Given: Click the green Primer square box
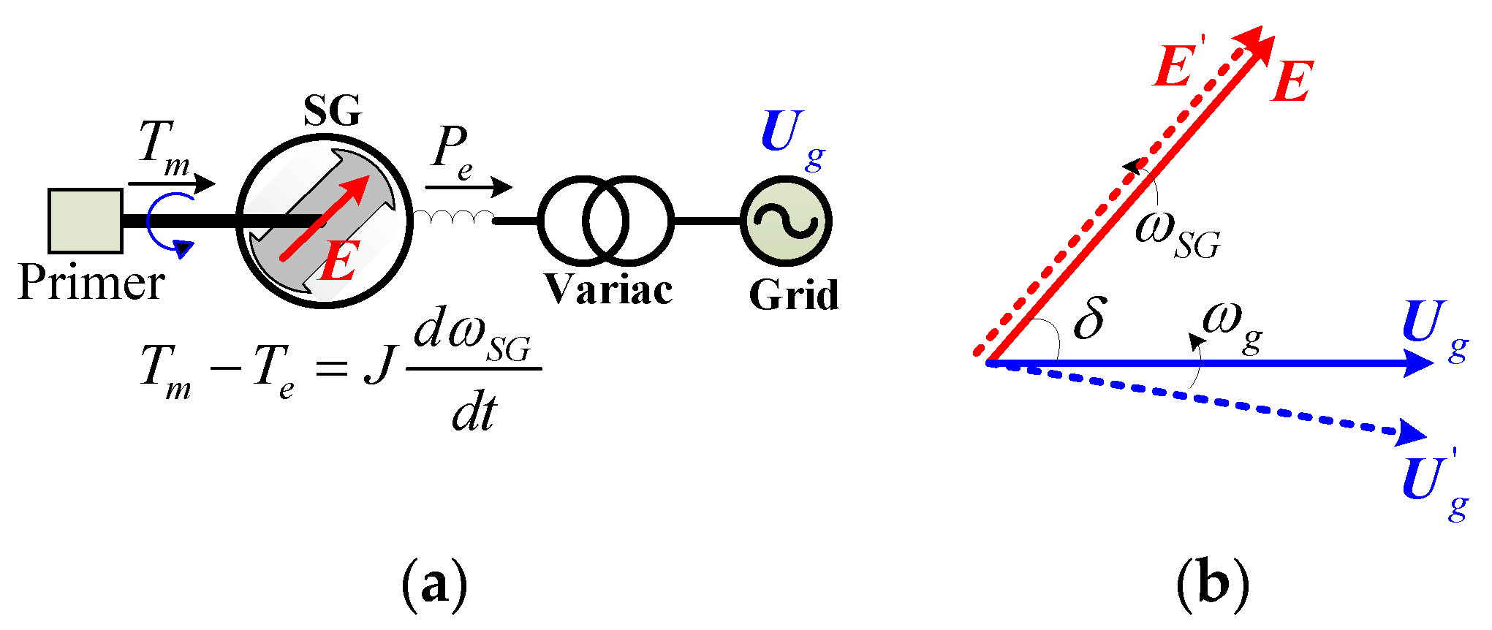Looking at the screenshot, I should pyautogui.click(x=85, y=221).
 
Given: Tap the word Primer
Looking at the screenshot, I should pyautogui.click(x=91, y=284).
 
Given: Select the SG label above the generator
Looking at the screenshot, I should pyautogui.click(x=333, y=111).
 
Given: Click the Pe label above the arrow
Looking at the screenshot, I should pyautogui.click(x=452, y=152).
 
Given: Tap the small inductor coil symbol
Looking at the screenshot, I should pyautogui.click(x=453, y=217).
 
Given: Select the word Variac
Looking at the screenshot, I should pyautogui.click(x=608, y=290).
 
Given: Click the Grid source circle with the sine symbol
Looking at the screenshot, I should pyautogui.click(x=786, y=221).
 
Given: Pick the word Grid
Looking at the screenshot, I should pyautogui.click(x=794, y=295).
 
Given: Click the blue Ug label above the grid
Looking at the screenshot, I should pyautogui.click(x=791, y=139).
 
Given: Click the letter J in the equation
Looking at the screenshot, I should pyautogui.click(x=379, y=365).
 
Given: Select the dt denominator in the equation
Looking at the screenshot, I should pyautogui.click(x=474, y=413).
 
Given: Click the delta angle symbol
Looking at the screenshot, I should pyautogui.click(x=1089, y=319).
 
